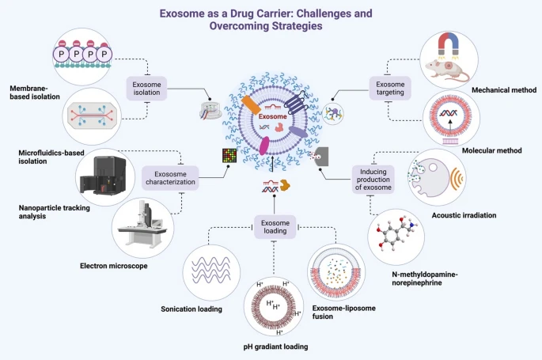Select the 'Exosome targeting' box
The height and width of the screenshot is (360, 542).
tap(390, 88)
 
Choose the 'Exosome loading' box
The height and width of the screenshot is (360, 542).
tap(275, 226)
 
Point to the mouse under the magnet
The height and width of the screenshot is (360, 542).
tap(445, 71)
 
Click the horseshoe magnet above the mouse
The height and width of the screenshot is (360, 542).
tap(449, 45)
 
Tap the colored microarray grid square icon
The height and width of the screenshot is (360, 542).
tap(229, 156)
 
